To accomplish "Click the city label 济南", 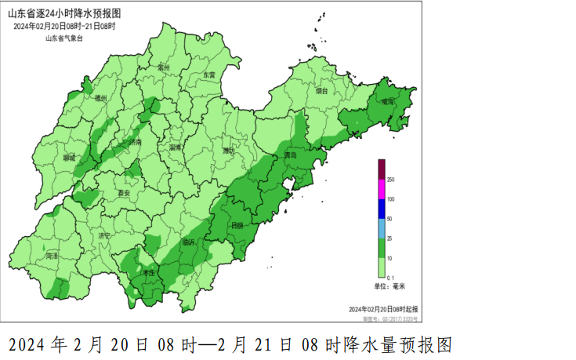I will coord(135,142).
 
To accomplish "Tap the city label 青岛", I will coord(291,155).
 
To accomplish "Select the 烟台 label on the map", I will coord(322,91).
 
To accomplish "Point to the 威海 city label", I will coord(388,101).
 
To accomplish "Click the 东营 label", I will coord(209,75).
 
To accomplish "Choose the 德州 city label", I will coord(100,99).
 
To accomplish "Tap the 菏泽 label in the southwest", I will coord(52,256).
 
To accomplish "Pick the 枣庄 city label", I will coord(147,272).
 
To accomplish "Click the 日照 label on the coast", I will coord(236,225).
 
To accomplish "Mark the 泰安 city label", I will coord(123,193).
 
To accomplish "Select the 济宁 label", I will coord(105,235).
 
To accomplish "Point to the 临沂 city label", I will coord(188,243).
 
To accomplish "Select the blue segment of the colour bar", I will coord(382,209).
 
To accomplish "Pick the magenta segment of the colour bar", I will coord(382,189).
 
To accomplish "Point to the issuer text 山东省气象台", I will coord(63,38).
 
